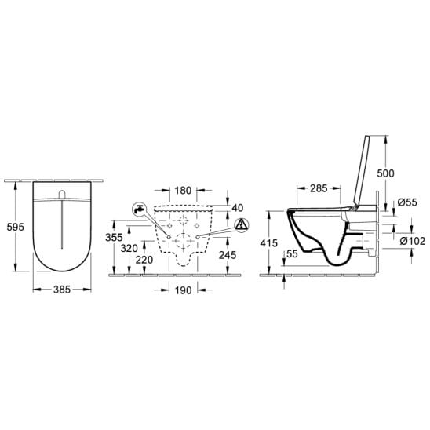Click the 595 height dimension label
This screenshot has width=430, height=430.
[16, 227]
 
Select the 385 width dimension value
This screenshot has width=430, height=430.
[62, 290]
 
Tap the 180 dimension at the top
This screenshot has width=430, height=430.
[183, 191]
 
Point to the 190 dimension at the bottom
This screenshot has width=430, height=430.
[183, 290]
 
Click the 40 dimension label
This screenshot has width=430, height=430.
[238, 208]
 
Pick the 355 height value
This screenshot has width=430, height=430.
[114, 238]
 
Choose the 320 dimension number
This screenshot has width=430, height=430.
[129, 249]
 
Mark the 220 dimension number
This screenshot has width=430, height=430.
[144, 260]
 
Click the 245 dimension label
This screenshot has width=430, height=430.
[228, 255]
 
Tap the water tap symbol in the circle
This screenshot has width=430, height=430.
[140, 210]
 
